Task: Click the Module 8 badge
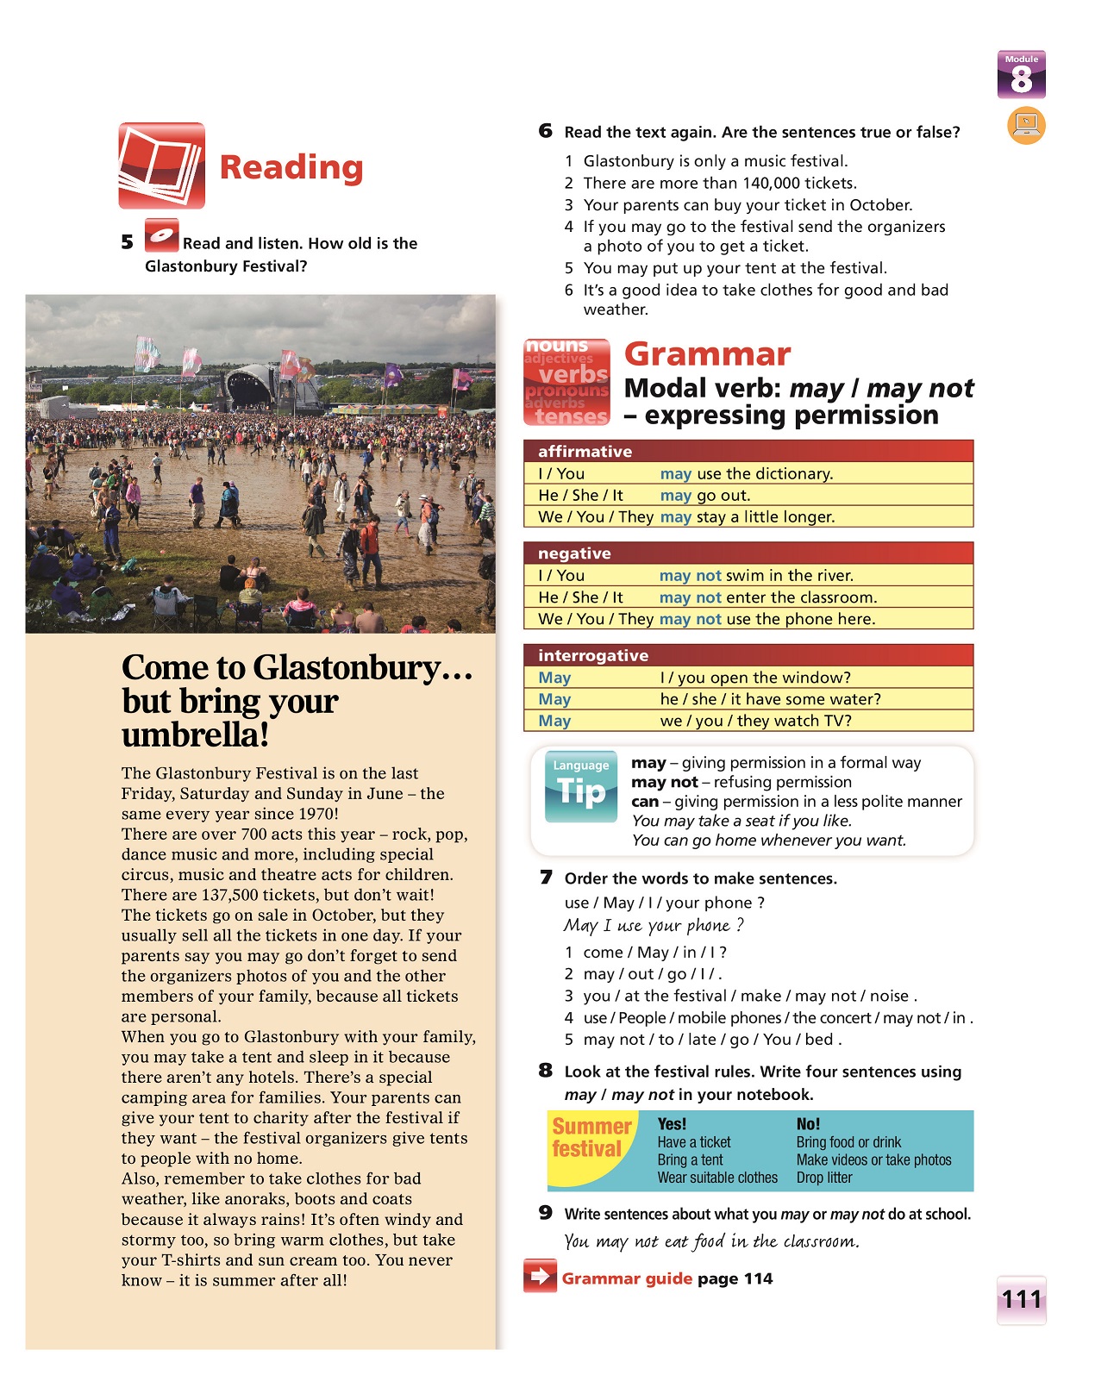coord(1022,75)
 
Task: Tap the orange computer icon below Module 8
coord(1026,125)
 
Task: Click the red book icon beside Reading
coord(162,166)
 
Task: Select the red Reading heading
coord(291,167)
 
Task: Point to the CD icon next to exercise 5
coord(161,235)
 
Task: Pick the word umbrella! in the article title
coord(196,734)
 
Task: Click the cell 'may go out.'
coord(705,495)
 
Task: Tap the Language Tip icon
coord(581,785)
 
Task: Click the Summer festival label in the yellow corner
coord(591,1138)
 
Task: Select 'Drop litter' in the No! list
coord(824,1178)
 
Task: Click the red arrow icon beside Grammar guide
coord(540,1276)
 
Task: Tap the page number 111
coord(1022,1299)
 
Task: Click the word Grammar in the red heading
coord(707,354)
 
